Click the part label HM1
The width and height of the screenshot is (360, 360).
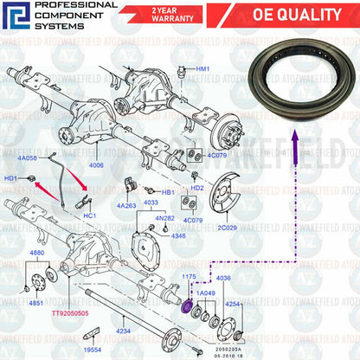(202, 68)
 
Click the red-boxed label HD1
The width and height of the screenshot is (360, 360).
(11, 178)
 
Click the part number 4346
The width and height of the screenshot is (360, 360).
(177, 235)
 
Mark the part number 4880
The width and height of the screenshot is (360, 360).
(37, 253)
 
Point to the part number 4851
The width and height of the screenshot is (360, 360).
(37, 304)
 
